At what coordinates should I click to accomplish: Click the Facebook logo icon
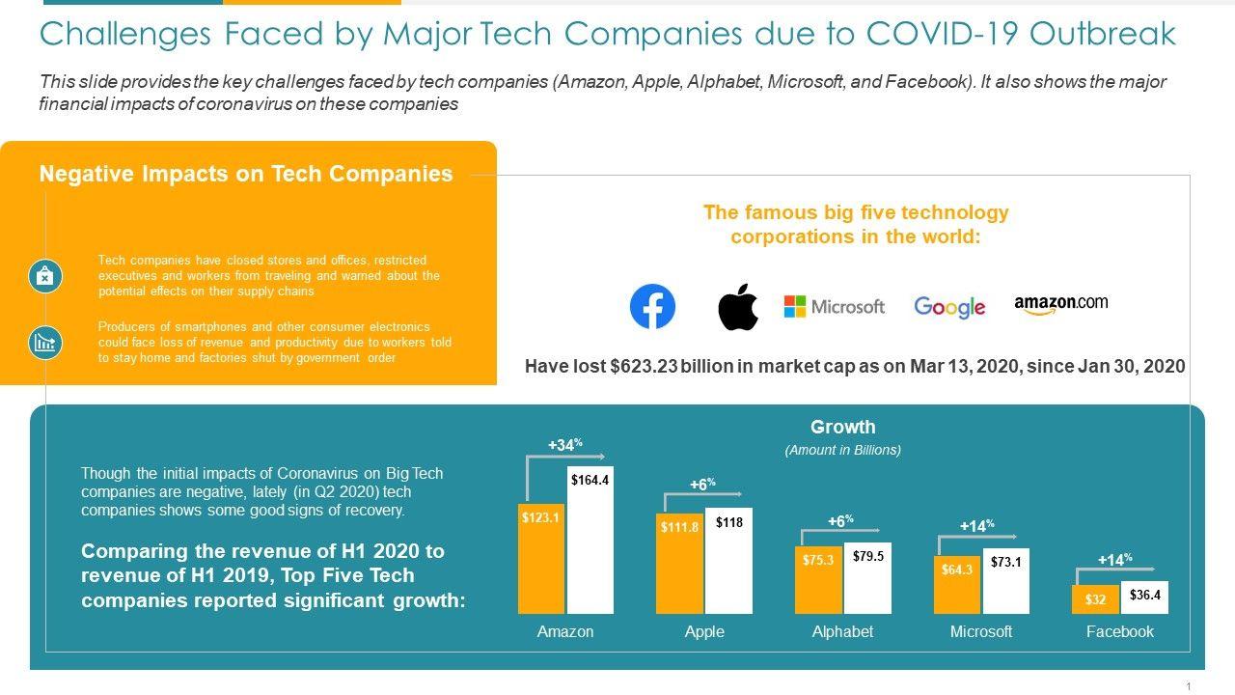tap(652, 307)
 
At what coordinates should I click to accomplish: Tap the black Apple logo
tap(738, 307)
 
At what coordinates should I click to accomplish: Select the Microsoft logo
tap(834, 307)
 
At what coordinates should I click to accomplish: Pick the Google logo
tap(949, 307)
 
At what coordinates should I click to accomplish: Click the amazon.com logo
tap(1060, 304)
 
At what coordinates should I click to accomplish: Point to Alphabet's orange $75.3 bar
tap(818, 579)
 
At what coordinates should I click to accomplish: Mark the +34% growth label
tap(564, 445)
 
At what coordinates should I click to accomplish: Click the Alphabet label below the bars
tap(842, 631)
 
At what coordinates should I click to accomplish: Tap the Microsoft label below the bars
tap(981, 631)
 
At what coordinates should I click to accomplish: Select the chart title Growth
tap(842, 427)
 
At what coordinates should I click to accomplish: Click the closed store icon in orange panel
tap(44, 276)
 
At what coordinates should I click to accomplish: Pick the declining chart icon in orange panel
tap(44, 342)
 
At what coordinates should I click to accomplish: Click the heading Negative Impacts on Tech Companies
tap(246, 174)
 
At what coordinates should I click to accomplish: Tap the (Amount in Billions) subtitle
tap(842, 450)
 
